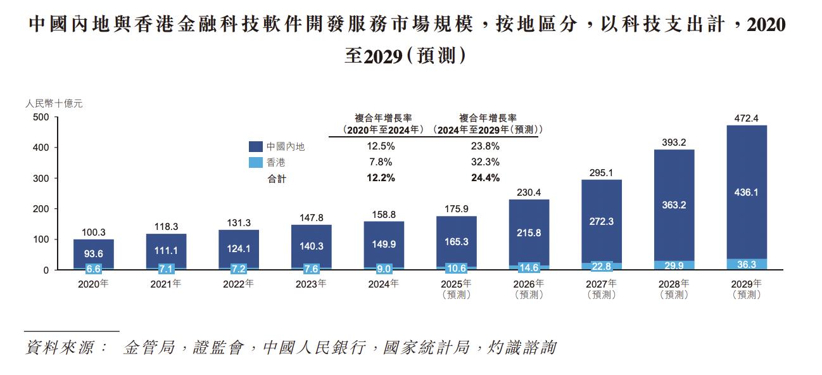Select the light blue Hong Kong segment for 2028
click(674, 265)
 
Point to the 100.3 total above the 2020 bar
click(93, 232)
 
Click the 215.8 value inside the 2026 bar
click(528, 232)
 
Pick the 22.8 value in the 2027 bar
click(601, 267)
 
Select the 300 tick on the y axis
click(41, 179)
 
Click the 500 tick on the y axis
click(41, 118)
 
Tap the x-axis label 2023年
click(311, 284)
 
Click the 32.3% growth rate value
click(486, 162)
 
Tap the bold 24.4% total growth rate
click(486, 178)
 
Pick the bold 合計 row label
click(276, 179)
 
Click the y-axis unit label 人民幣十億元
click(53, 102)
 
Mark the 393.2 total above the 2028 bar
click(674, 143)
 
